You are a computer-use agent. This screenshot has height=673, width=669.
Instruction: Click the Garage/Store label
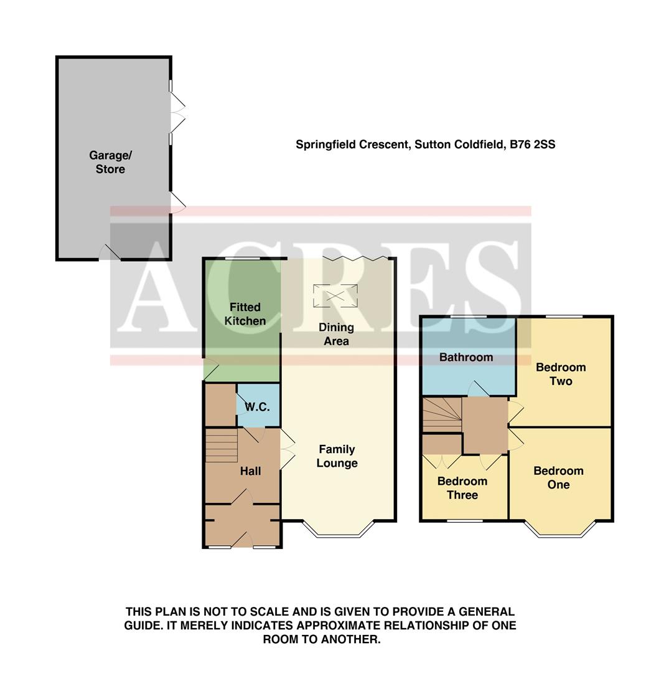point(110,162)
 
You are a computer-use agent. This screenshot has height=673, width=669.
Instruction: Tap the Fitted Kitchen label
point(245,314)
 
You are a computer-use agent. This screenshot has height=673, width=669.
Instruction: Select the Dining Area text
point(336,334)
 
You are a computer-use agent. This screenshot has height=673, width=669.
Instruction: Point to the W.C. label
point(257,407)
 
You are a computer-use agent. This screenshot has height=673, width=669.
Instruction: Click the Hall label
point(250,471)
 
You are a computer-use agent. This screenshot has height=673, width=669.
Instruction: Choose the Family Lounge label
point(337,456)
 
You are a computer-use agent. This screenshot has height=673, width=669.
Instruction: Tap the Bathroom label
point(466,357)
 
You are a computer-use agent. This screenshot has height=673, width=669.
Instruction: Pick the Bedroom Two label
point(561,374)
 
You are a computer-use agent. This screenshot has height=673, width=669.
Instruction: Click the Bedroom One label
point(558,478)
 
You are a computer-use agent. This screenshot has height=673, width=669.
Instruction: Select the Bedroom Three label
point(462,488)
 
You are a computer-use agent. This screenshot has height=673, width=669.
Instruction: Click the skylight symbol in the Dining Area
point(336,295)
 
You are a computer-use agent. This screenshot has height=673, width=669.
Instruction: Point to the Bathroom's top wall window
point(469,317)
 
